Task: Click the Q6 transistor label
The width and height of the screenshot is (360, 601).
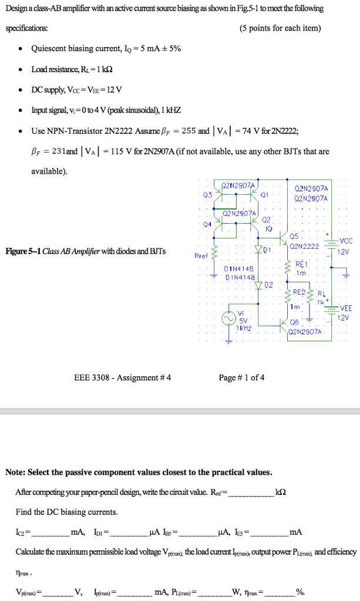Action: pos(294,322)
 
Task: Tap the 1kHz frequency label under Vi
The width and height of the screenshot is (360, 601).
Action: pos(243,329)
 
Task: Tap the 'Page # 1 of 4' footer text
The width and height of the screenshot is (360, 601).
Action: pos(241,377)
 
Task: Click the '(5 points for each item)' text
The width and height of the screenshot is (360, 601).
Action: pos(281,28)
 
